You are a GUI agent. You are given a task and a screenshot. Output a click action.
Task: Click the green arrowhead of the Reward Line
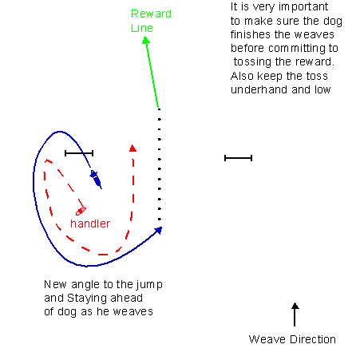146,40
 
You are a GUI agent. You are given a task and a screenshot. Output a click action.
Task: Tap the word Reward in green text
151,14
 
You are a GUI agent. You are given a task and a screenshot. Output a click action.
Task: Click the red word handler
90,224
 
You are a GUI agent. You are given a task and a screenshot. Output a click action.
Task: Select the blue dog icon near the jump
96,179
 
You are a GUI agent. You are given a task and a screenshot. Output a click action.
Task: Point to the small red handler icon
81,212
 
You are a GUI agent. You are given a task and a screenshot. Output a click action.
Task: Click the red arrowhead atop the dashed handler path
133,148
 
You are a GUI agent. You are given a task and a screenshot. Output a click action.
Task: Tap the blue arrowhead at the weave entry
159,230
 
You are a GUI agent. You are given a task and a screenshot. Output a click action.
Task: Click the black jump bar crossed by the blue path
79,153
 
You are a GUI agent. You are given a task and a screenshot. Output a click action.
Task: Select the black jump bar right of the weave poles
238,158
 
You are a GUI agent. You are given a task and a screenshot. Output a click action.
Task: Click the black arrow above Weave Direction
295,315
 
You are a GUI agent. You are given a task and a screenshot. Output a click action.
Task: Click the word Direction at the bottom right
313,339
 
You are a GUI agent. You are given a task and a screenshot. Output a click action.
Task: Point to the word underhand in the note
259,89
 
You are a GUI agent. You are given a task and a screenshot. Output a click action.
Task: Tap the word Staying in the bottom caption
87,299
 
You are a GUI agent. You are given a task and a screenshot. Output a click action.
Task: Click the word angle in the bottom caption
85,285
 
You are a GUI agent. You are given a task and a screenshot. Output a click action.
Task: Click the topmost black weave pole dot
159,109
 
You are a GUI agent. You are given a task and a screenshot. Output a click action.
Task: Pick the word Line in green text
142,28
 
